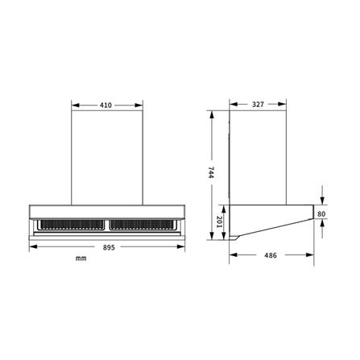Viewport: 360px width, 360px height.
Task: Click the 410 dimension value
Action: coord(106,106)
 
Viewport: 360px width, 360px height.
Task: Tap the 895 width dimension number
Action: coord(109,247)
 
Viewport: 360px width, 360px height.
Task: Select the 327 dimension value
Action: coord(258,104)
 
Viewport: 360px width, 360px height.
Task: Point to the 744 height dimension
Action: coord(211,172)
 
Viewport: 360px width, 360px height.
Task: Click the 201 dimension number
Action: coord(220,222)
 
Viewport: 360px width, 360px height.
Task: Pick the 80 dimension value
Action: coord(321,214)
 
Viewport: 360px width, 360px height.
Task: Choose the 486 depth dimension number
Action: coord(271,255)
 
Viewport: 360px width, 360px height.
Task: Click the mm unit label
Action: coord(81,259)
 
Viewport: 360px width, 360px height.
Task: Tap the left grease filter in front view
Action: coord(72,225)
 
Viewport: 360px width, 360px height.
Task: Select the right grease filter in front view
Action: coord(142,225)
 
